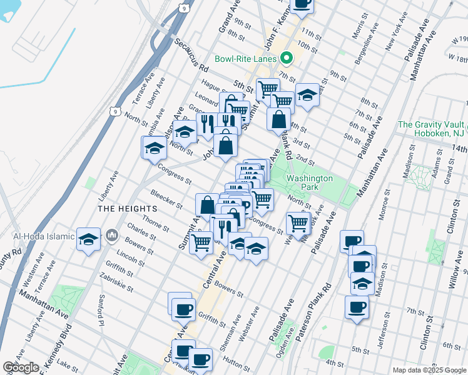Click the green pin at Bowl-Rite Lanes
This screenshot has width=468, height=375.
(x=287, y=59)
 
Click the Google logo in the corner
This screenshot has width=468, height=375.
(x=21, y=367)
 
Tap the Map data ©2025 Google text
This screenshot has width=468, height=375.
(x=429, y=370)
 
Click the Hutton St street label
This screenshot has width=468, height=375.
(x=238, y=356)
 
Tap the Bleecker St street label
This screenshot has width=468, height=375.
(x=166, y=200)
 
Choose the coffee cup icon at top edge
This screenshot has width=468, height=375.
(x=302, y=4)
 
